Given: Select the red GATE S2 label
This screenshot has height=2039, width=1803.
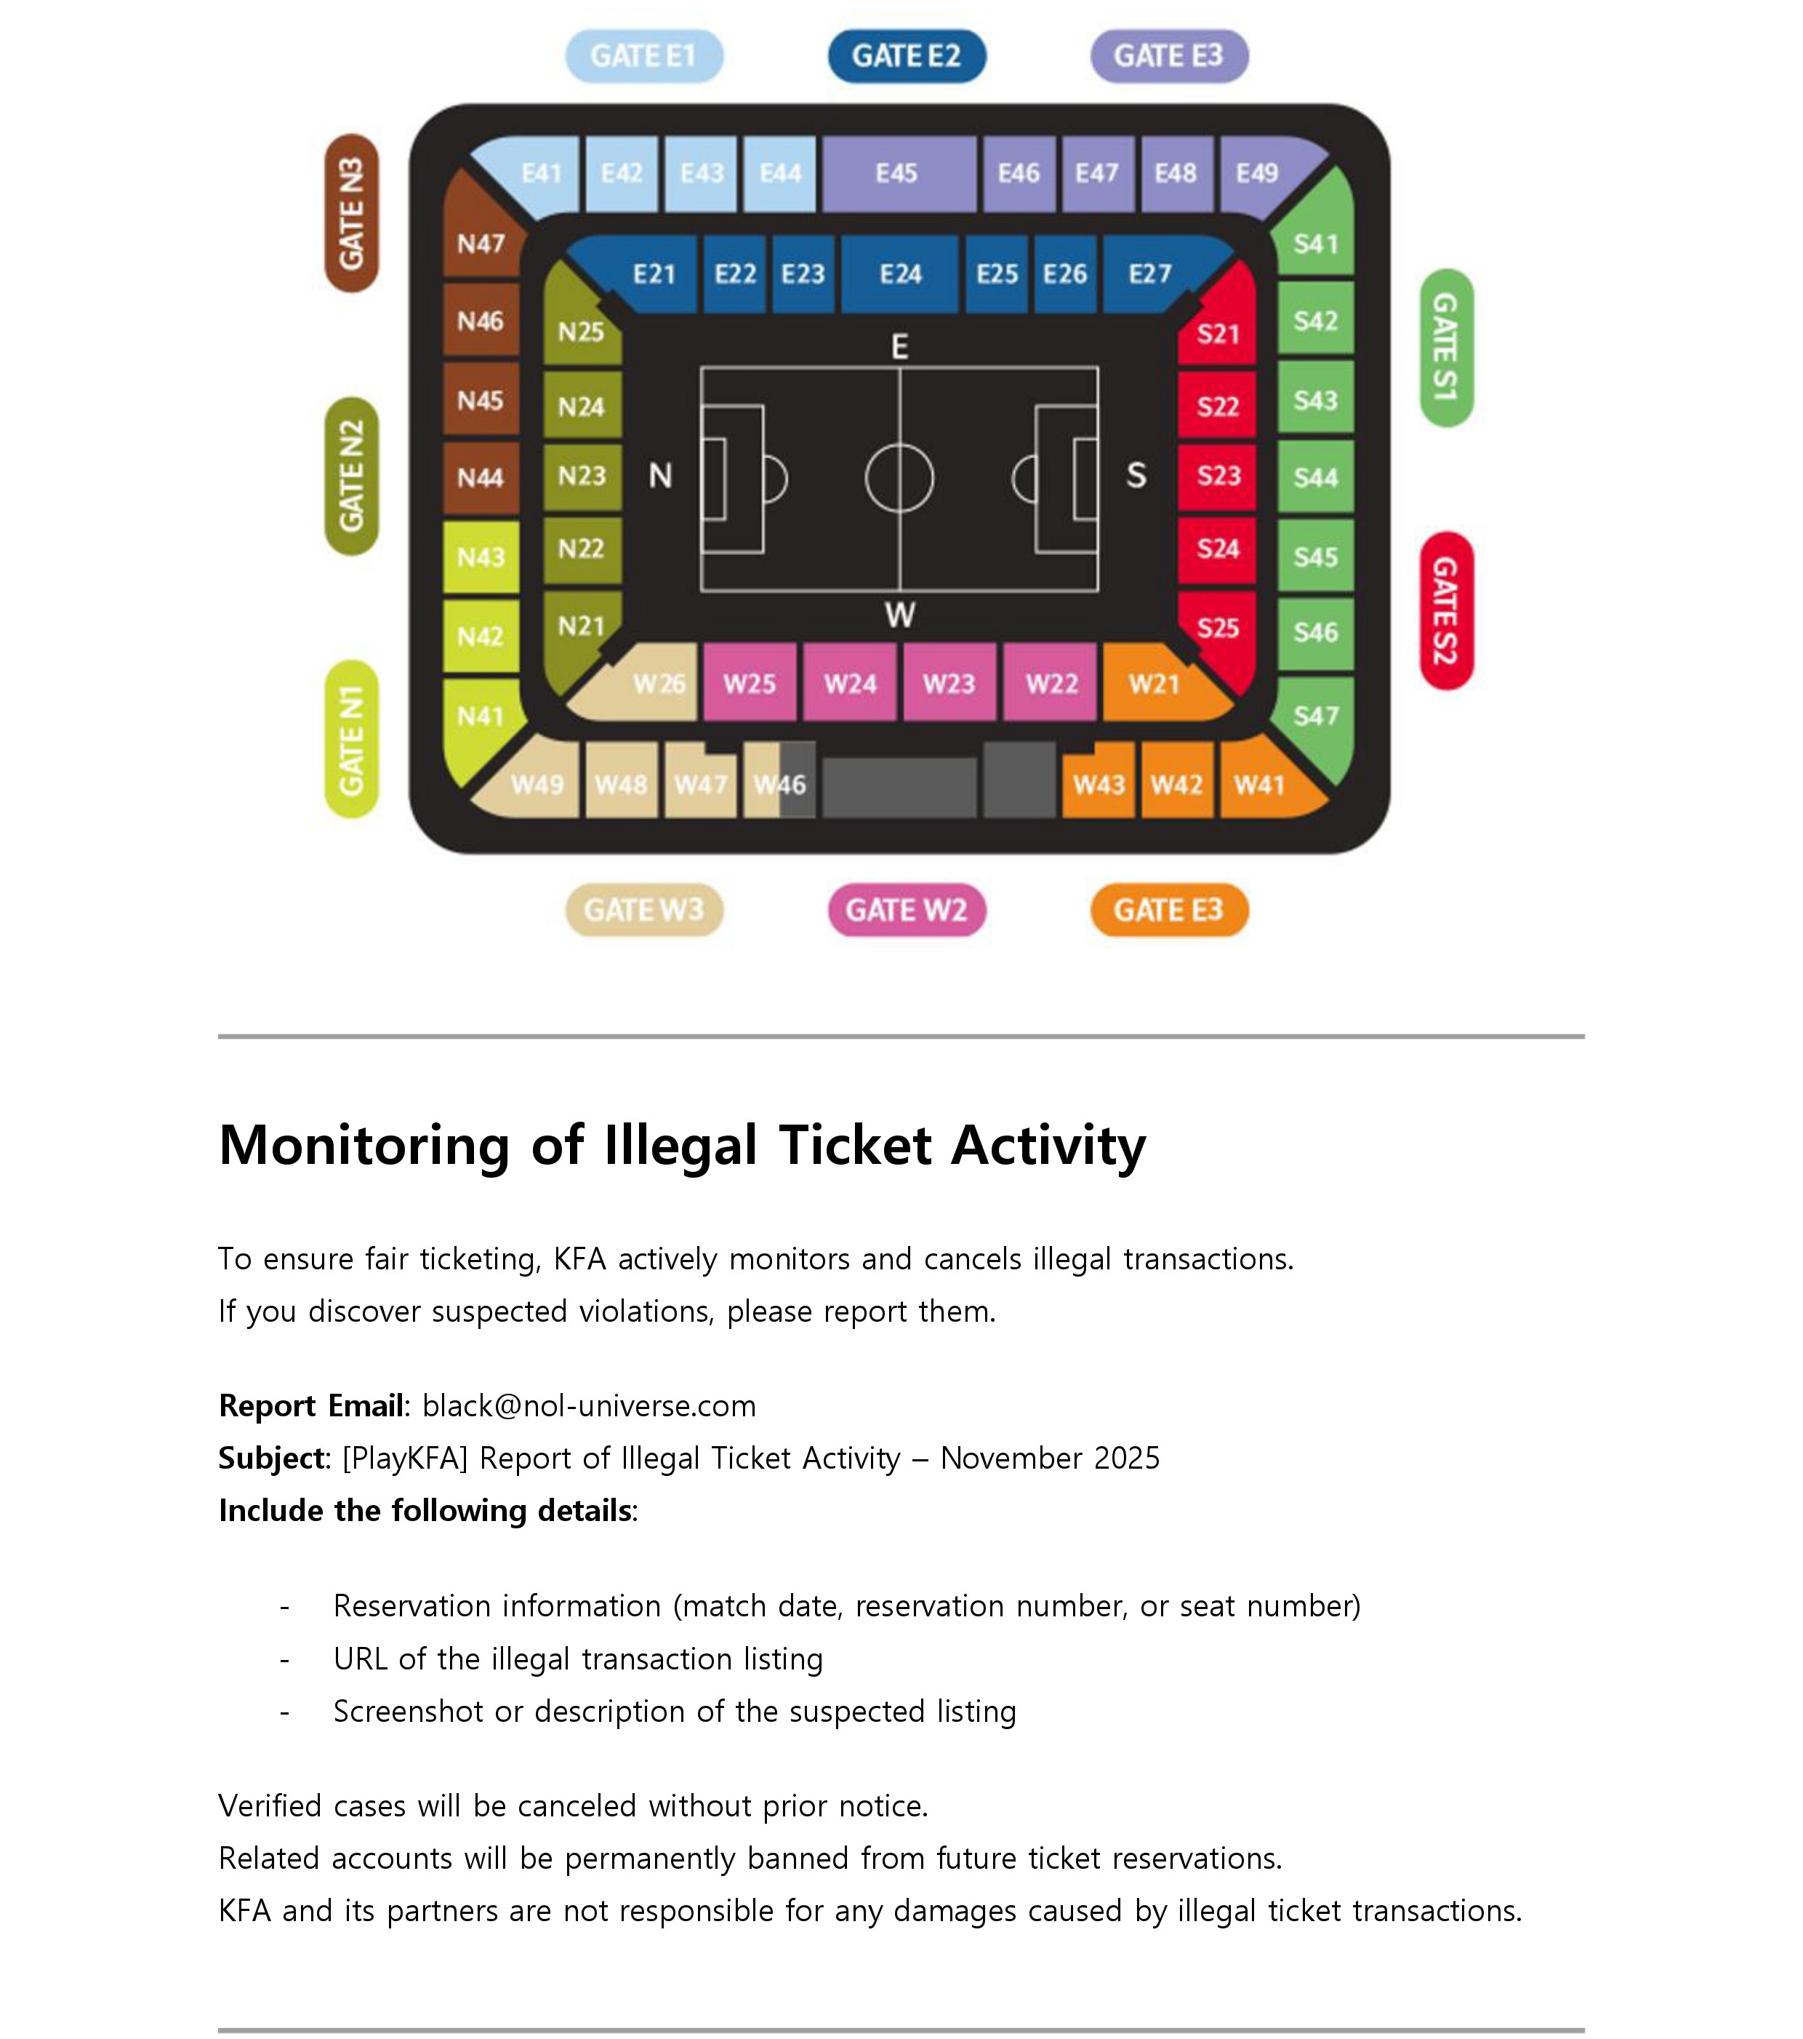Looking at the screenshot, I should pyautogui.click(x=1445, y=610).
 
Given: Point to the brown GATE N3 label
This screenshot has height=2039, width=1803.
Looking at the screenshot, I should pyautogui.click(x=351, y=212).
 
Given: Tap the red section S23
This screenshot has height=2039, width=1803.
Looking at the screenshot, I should pyautogui.click(x=1218, y=476).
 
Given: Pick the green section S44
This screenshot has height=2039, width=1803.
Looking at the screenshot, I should pyautogui.click(x=1315, y=478).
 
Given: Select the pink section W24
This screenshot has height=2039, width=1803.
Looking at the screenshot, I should pyautogui.click(x=850, y=685).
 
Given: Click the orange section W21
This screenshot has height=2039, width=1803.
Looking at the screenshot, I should pyautogui.click(x=1154, y=685).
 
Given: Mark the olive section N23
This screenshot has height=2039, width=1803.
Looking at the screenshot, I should pyautogui.click(x=582, y=476).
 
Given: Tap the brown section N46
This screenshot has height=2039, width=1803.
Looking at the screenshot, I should pyautogui.click(x=480, y=322).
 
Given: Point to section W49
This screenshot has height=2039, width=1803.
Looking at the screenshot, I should pyautogui.click(x=537, y=785).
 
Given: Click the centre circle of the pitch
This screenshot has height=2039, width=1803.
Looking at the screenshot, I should pyautogui.click(x=899, y=479).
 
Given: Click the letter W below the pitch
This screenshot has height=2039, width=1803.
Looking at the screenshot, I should pyautogui.click(x=899, y=615).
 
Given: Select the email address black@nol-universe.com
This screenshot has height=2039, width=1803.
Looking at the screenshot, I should pyautogui.click(x=588, y=1405).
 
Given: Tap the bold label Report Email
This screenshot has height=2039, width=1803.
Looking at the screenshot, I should pyautogui.click(x=311, y=1405).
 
